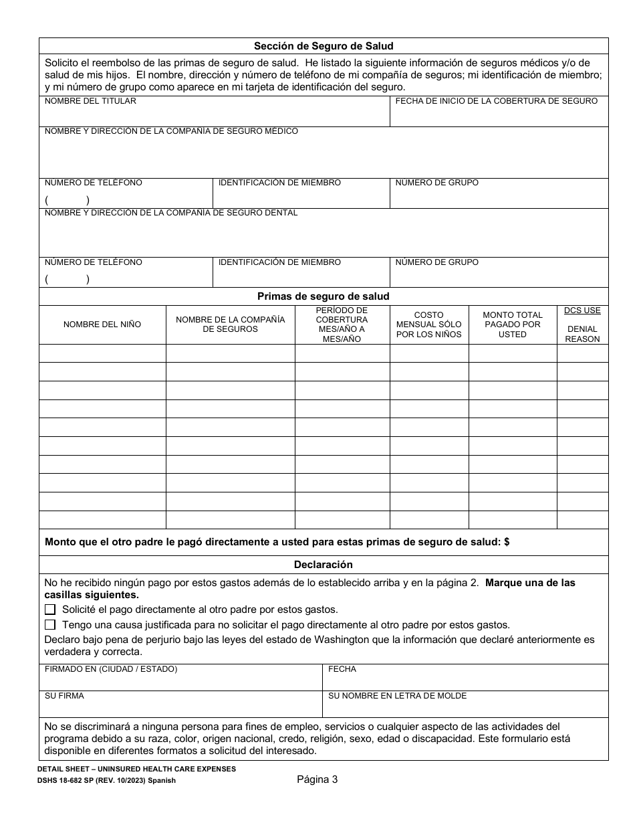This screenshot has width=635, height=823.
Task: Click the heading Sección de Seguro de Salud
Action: [324, 46]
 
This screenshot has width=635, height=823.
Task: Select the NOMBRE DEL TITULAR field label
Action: [90, 101]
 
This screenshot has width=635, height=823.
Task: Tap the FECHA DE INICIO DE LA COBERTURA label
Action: [496, 101]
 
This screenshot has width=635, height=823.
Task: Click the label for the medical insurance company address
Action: [171, 131]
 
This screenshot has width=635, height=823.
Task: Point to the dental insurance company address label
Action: [171, 213]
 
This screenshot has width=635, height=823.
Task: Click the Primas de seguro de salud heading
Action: [324, 296]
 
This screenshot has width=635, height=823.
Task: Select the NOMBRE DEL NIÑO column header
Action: [102, 325]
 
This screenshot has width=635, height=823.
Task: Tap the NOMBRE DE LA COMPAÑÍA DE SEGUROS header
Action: [231, 325]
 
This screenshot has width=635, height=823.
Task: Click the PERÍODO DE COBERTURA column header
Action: [342, 325]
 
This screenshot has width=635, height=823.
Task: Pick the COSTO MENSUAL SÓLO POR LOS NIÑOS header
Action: [428, 325]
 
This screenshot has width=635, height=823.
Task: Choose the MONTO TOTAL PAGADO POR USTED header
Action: [513, 325]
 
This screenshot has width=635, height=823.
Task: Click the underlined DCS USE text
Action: [582, 310]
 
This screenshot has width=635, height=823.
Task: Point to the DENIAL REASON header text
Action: [582, 334]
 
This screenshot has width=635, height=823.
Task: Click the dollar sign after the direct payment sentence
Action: [507, 543]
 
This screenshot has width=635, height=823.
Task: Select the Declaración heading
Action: [324, 565]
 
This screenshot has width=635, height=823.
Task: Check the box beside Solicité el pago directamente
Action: [50, 610]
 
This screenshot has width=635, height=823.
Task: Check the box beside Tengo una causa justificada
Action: [50, 625]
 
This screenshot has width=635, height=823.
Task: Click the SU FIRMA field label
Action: [64, 696]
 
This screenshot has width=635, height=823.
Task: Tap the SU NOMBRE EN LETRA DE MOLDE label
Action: [397, 696]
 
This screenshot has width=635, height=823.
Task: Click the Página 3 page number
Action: [317, 779]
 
